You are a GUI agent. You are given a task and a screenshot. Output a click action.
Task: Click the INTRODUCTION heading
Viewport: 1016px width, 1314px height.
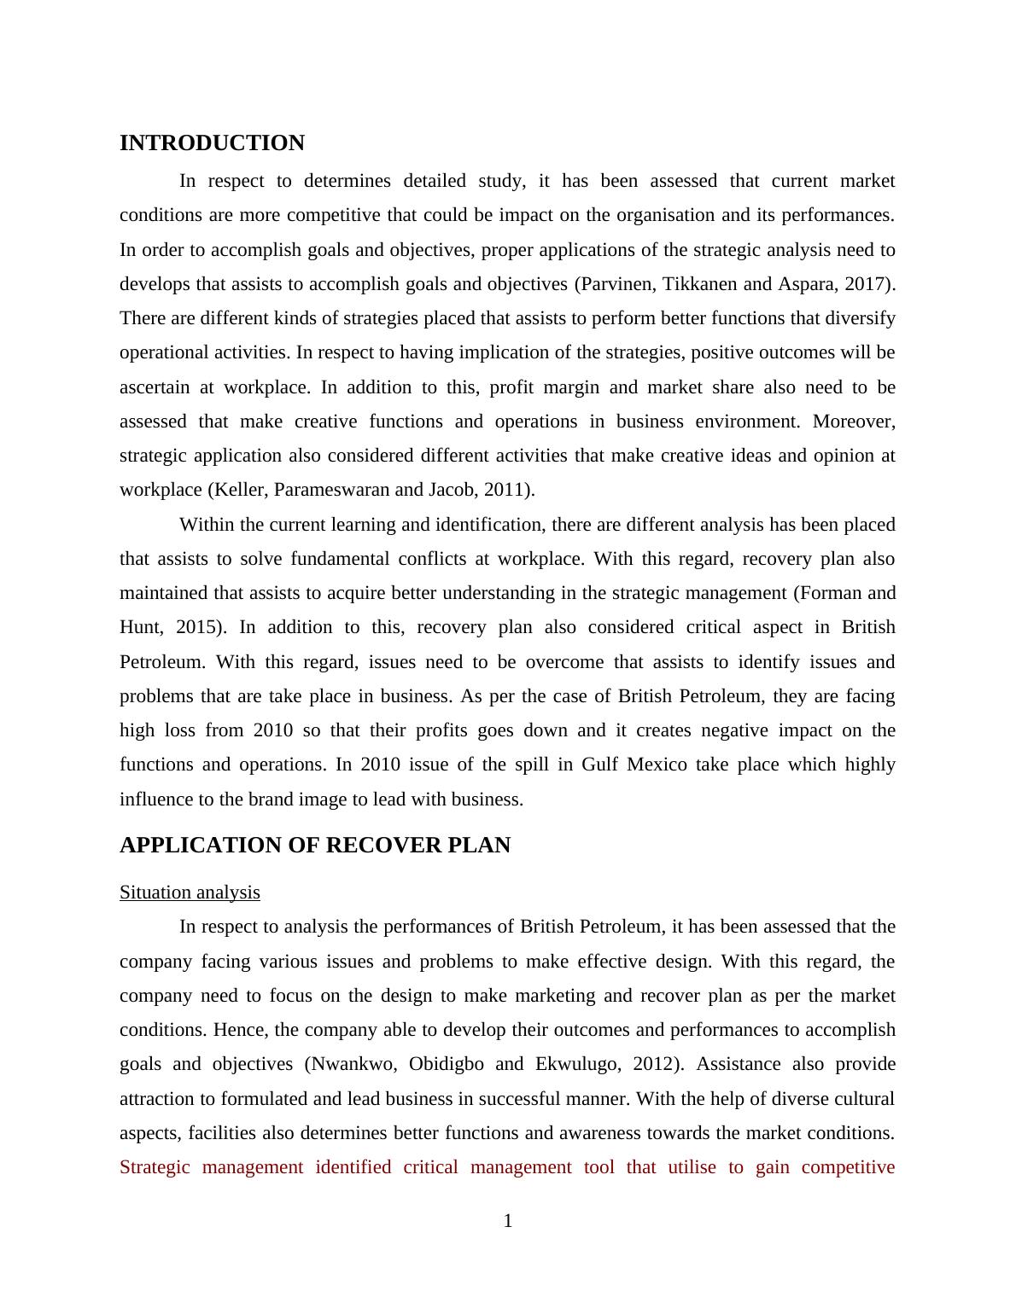(x=212, y=143)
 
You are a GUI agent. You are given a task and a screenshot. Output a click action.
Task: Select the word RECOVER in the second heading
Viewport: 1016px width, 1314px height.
(x=375, y=846)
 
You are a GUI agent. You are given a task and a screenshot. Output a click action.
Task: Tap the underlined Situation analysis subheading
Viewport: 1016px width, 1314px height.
(x=190, y=892)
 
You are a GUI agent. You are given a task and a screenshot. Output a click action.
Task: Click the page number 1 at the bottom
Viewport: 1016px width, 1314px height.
(x=508, y=1222)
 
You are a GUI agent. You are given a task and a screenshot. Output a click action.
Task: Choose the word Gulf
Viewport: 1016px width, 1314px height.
(x=599, y=765)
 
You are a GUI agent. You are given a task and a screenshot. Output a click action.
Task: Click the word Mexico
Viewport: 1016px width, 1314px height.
(x=657, y=765)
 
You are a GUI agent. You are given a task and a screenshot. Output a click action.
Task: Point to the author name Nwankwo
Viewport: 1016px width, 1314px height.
(x=353, y=1064)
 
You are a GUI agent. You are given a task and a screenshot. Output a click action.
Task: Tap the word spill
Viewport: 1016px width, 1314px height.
(x=532, y=765)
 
